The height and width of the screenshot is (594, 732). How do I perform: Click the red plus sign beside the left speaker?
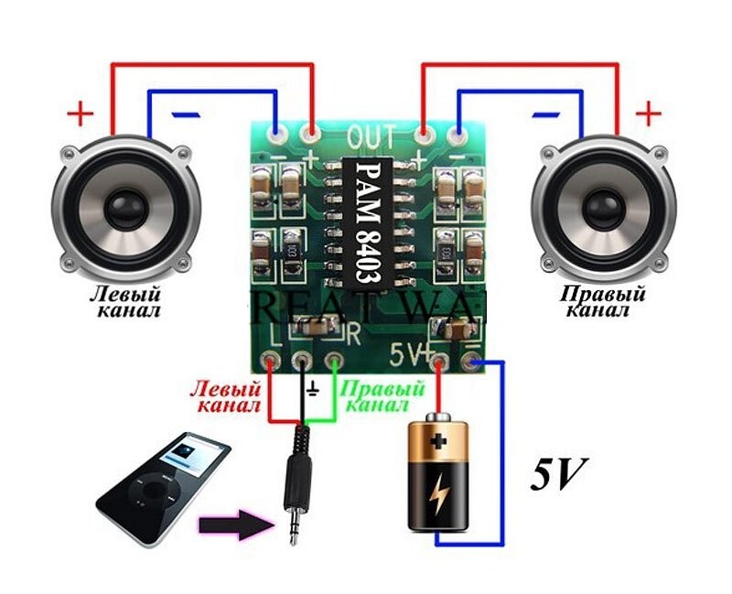[81, 115]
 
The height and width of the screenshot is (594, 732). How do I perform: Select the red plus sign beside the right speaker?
[648, 114]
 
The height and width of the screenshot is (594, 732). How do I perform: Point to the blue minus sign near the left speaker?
[186, 115]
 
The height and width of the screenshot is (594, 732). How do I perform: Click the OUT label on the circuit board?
[372, 138]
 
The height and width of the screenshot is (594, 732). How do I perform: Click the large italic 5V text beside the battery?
[557, 473]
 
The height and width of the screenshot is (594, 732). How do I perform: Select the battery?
[437, 477]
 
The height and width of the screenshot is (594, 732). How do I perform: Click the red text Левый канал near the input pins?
[225, 395]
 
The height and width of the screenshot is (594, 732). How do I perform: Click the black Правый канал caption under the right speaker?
[602, 302]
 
